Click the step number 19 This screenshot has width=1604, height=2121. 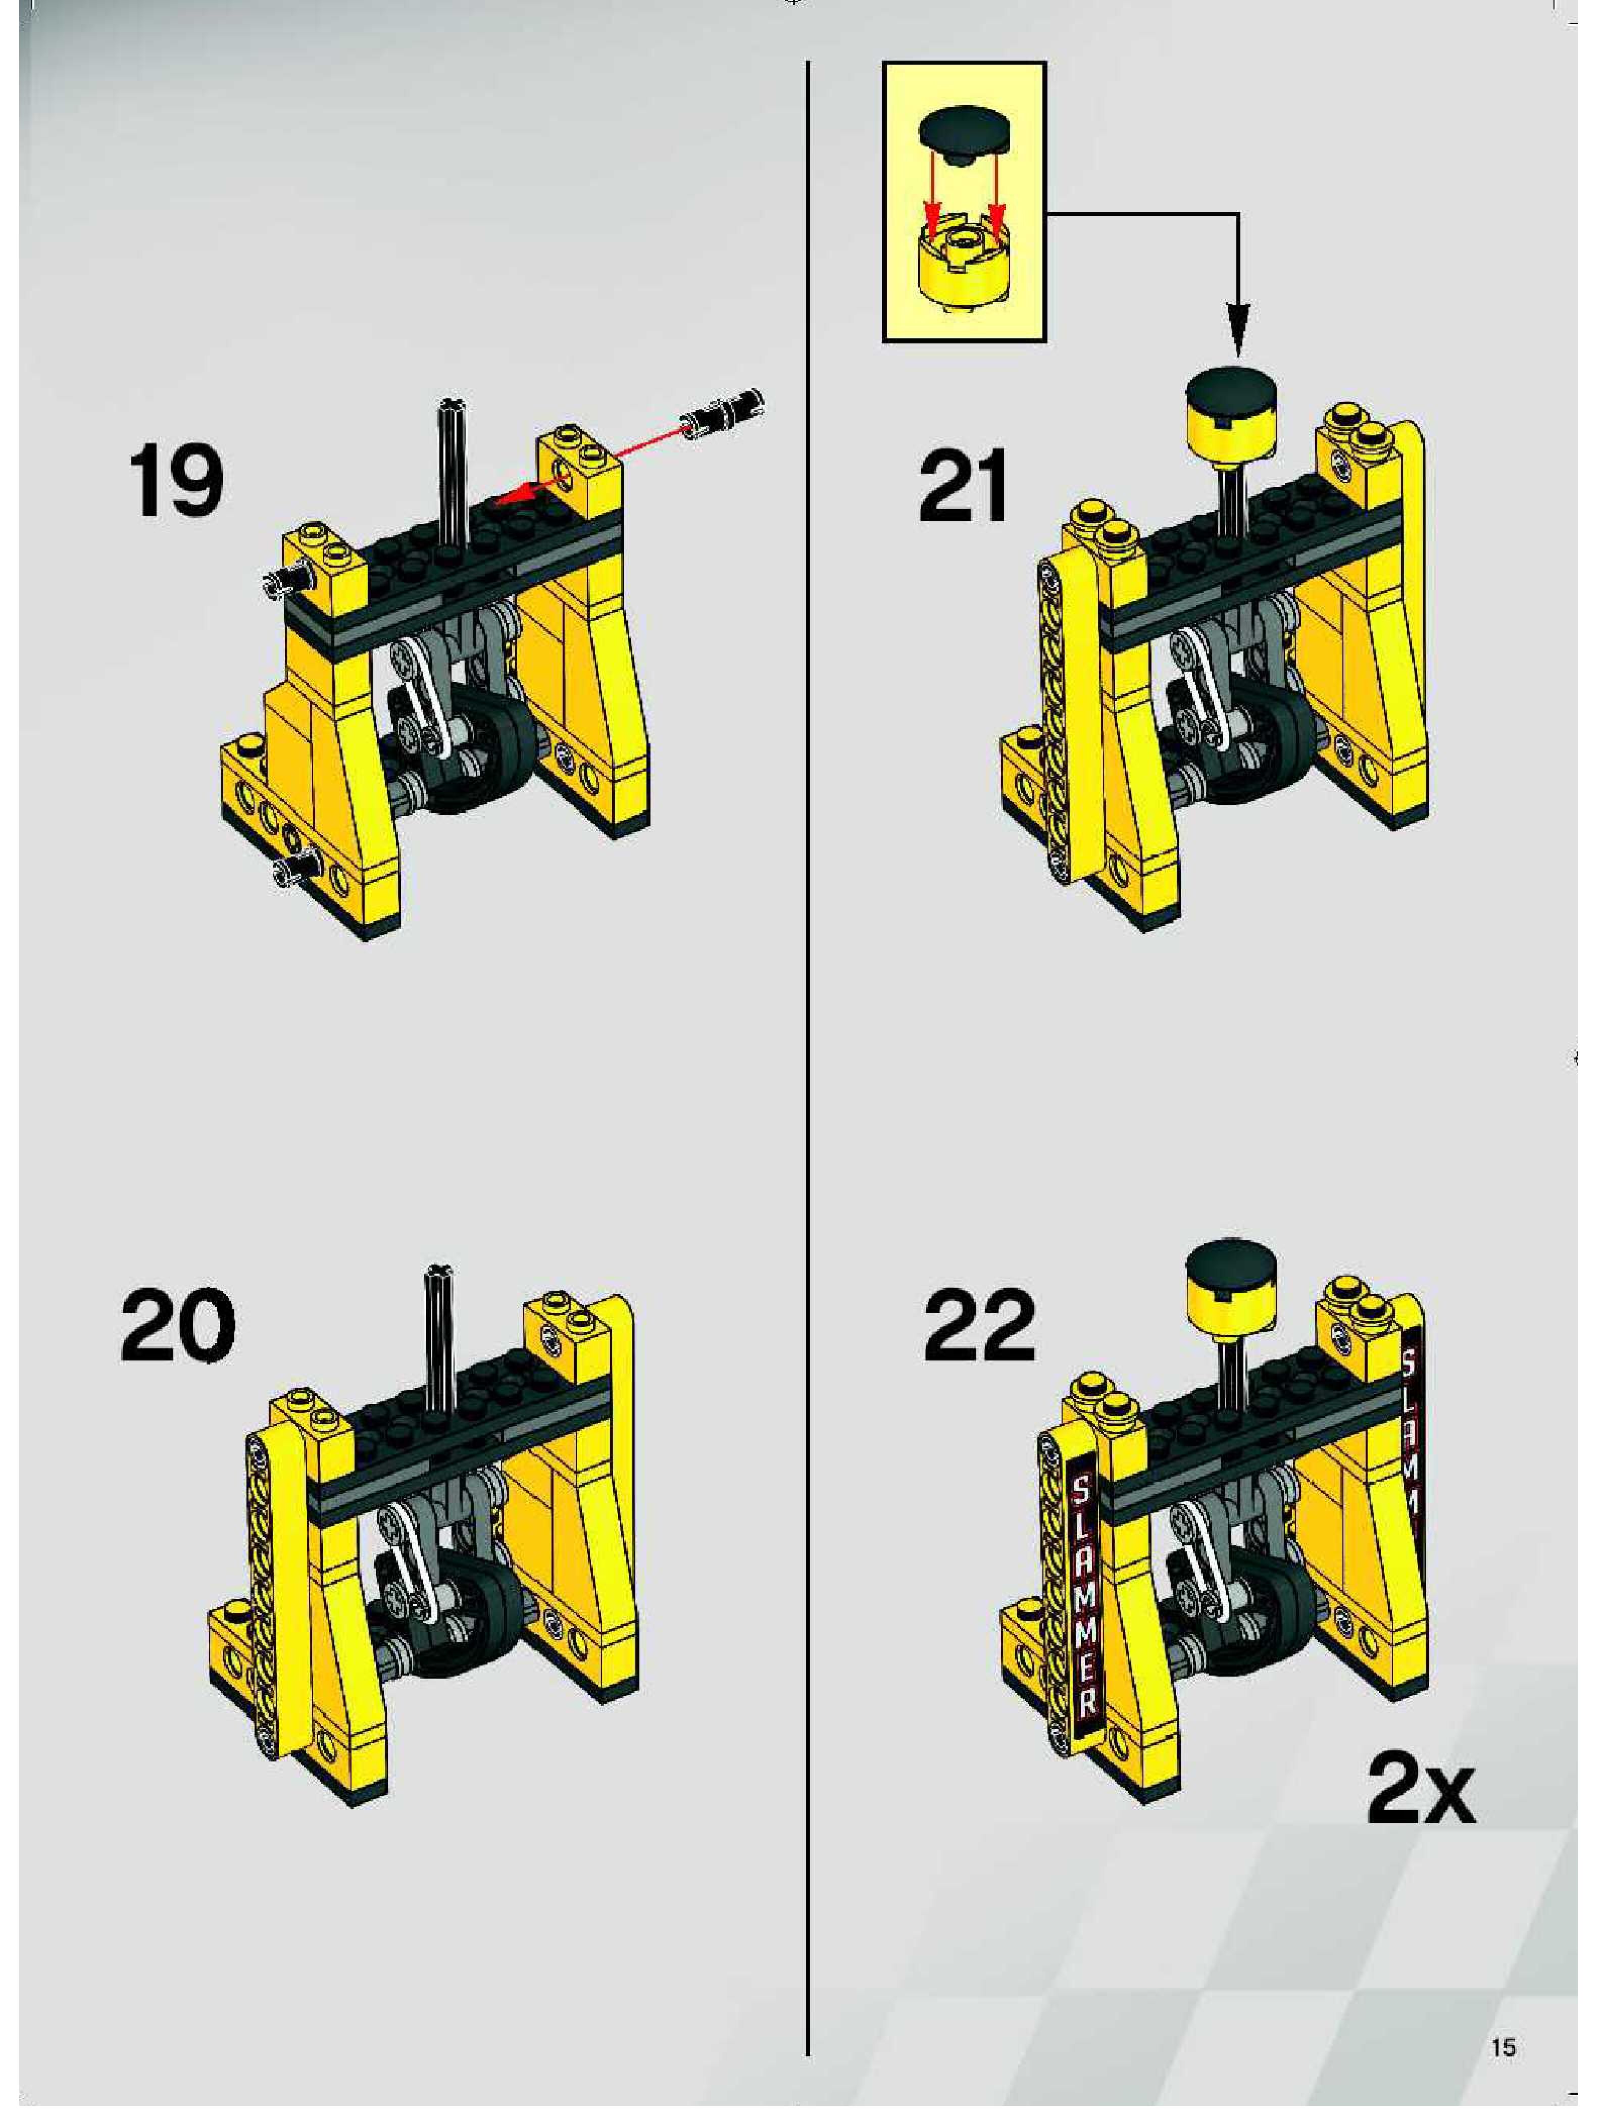click(x=175, y=479)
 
